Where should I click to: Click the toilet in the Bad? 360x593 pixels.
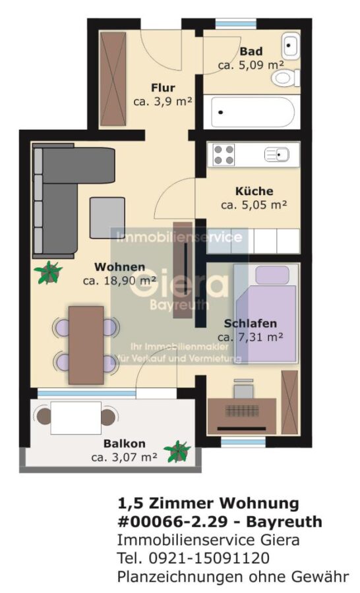pyautogui.click(x=285, y=78)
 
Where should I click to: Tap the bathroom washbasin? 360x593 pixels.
pyautogui.click(x=291, y=45)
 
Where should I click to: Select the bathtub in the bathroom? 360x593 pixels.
pyautogui.click(x=253, y=113)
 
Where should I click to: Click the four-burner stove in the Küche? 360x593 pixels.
pyautogui.click(x=224, y=155)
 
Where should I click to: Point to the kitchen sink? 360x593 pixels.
pyautogui.click(x=278, y=155)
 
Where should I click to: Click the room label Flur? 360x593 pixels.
pyautogui.click(x=163, y=88)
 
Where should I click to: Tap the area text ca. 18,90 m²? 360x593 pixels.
pyautogui.click(x=119, y=281)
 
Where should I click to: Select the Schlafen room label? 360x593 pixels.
pyautogui.click(x=251, y=324)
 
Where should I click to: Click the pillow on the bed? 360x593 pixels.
pyautogui.click(x=272, y=275)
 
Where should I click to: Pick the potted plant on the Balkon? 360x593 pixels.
pyautogui.click(x=177, y=451)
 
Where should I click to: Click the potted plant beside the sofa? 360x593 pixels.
pyautogui.click(x=48, y=272)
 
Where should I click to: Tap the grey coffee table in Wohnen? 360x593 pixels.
pyautogui.click(x=107, y=218)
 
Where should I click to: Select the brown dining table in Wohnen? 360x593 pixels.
pyautogui.click(x=86, y=345)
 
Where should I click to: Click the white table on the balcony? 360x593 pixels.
pyautogui.click(x=76, y=418)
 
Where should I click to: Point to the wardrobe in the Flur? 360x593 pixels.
pyautogui.click(x=113, y=78)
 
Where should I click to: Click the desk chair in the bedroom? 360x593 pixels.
pyautogui.click(x=243, y=388)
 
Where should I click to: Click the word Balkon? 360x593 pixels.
pyautogui.click(x=124, y=443)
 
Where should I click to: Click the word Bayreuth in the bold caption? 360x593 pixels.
pyautogui.click(x=284, y=522)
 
